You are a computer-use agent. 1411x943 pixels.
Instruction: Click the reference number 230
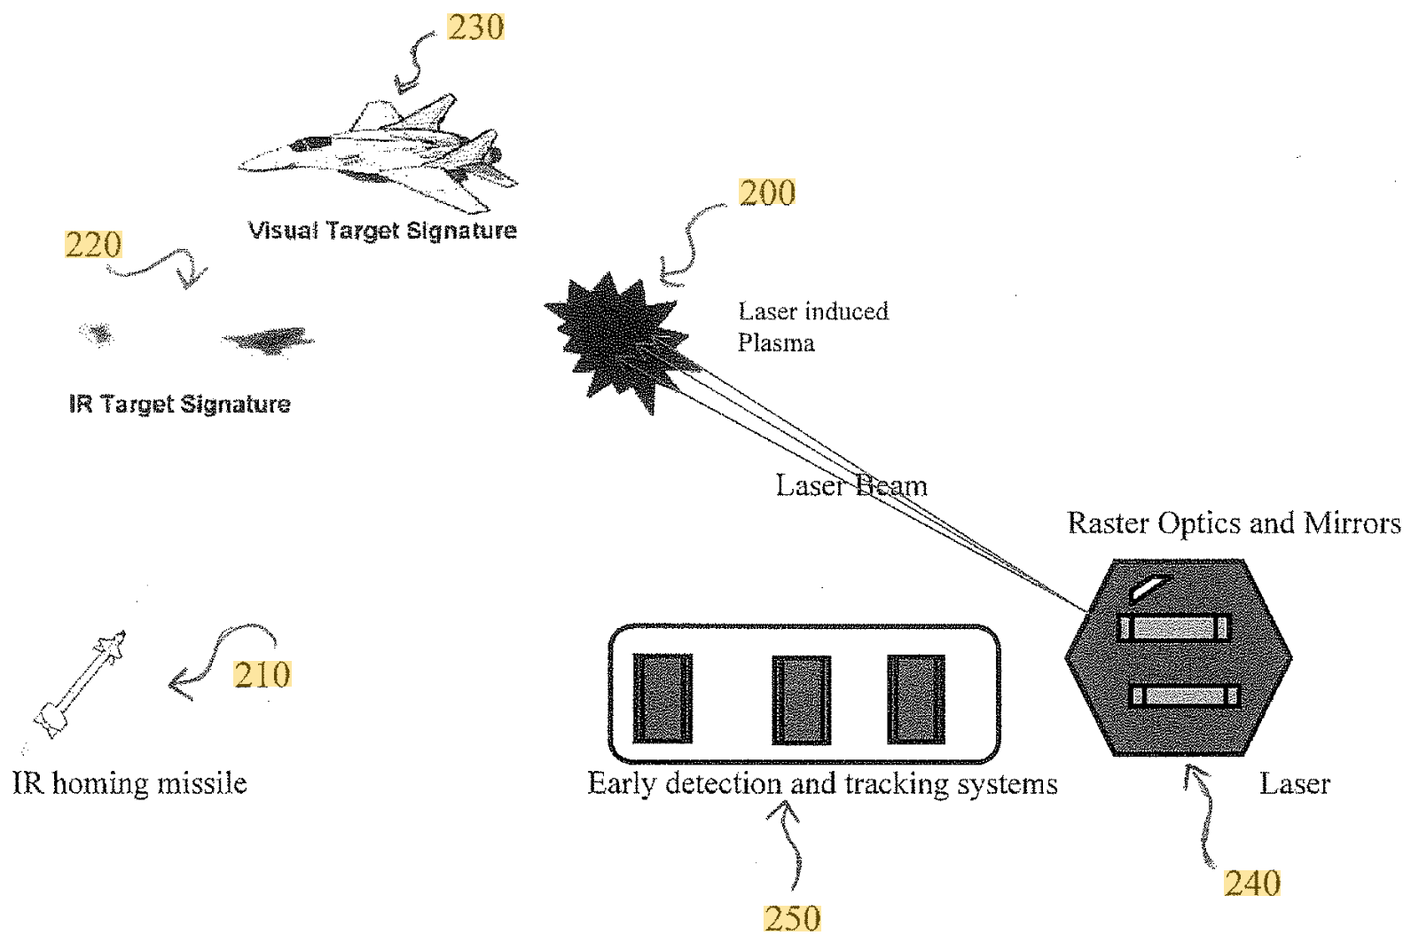tap(475, 28)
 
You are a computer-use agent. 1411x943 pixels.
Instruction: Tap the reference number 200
tap(767, 193)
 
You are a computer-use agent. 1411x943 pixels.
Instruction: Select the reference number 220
tap(93, 245)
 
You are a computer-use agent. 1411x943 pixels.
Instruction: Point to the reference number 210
tap(263, 675)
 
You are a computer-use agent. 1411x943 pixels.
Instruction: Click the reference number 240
tap(1252, 883)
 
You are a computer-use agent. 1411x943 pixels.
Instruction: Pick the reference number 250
tap(792, 918)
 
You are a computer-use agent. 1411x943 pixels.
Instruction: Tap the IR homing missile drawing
tap(81, 682)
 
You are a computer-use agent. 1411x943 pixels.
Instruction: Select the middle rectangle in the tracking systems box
tap(801, 699)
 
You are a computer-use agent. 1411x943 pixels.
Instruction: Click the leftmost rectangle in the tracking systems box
tap(662, 699)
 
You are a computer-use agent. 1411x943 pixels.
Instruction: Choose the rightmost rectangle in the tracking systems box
tap(916, 699)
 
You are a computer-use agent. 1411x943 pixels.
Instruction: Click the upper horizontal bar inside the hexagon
tap(1174, 628)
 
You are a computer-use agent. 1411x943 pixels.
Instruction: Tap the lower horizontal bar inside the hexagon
tap(1185, 695)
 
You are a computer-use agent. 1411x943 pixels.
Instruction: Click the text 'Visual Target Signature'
tap(382, 231)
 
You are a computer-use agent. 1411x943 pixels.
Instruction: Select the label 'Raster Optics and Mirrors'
tap(1234, 523)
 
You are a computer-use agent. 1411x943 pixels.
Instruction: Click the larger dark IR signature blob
tap(268, 340)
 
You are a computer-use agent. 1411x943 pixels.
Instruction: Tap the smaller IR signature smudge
tap(97, 334)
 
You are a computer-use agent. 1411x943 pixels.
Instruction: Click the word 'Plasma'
tap(776, 343)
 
